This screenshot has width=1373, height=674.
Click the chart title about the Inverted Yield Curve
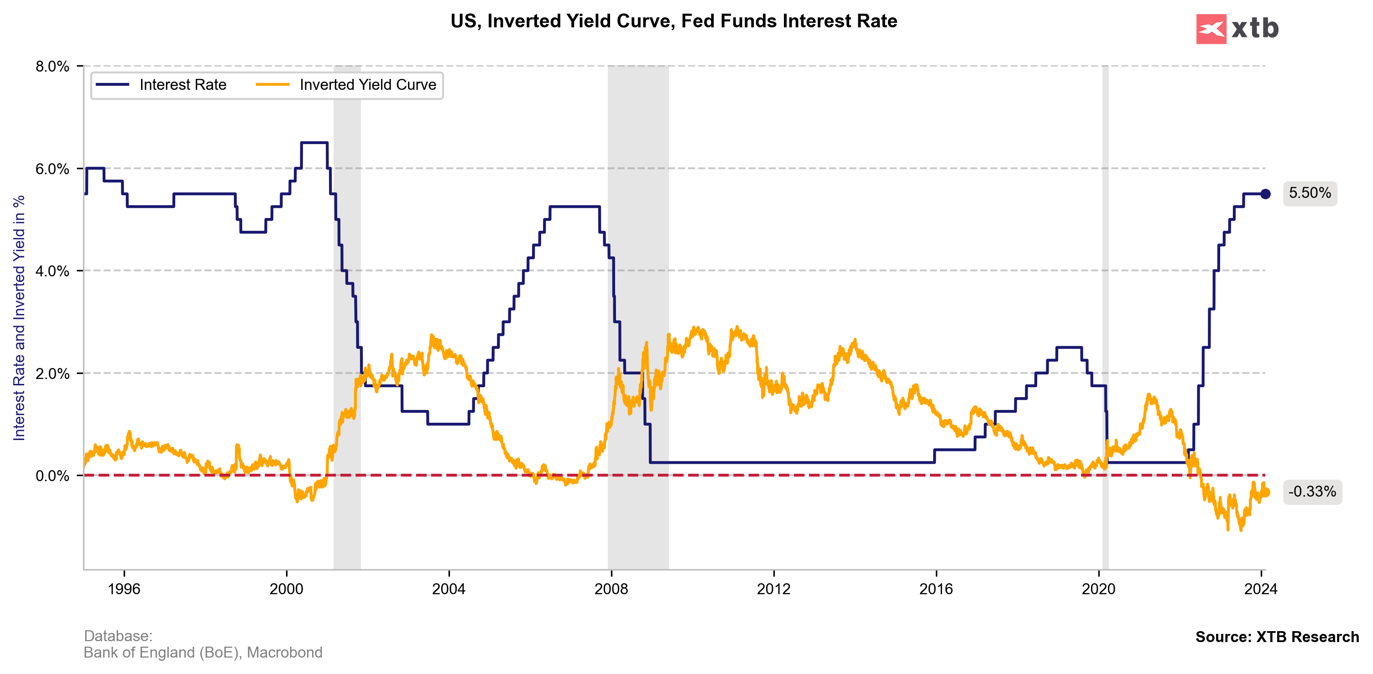pyautogui.click(x=673, y=21)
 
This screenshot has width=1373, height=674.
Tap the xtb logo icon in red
pyautogui.click(x=1211, y=29)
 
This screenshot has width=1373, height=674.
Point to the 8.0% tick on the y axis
pyautogui.click(x=52, y=67)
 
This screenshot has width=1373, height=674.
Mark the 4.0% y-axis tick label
pyautogui.click(x=52, y=271)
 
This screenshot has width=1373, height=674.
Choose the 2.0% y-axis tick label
pyautogui.click(x=52, y=373)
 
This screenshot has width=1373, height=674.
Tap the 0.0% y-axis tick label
pyautogui.click(x=52, y=476)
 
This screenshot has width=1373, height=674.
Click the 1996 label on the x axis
pyautogui.click(x=124, y=589)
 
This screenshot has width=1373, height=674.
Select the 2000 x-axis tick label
pyautogui.click(x=286, y=589)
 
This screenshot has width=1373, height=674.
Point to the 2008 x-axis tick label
pyautogui.click(x=611, y=589)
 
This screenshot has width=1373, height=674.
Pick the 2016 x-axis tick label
pyautogui.click(x=936, y=589)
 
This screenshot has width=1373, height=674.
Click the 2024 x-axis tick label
pyautogui.click(x=1261, y=589)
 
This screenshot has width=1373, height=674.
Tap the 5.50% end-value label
pyautogui.click(x=1310, y=193)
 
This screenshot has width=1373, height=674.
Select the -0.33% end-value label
pyautogui.click(x=1312, y=491)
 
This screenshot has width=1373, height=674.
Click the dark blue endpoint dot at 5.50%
pyautogui.click(x=1265, y=194)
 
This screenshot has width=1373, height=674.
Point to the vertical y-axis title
pyautogui.click(x=19, y=317)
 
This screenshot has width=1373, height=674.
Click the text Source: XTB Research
pyautogui.click(x=1277, y=637)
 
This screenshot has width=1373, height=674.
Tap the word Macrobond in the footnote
pyautogui.click(x=285, y=653)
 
